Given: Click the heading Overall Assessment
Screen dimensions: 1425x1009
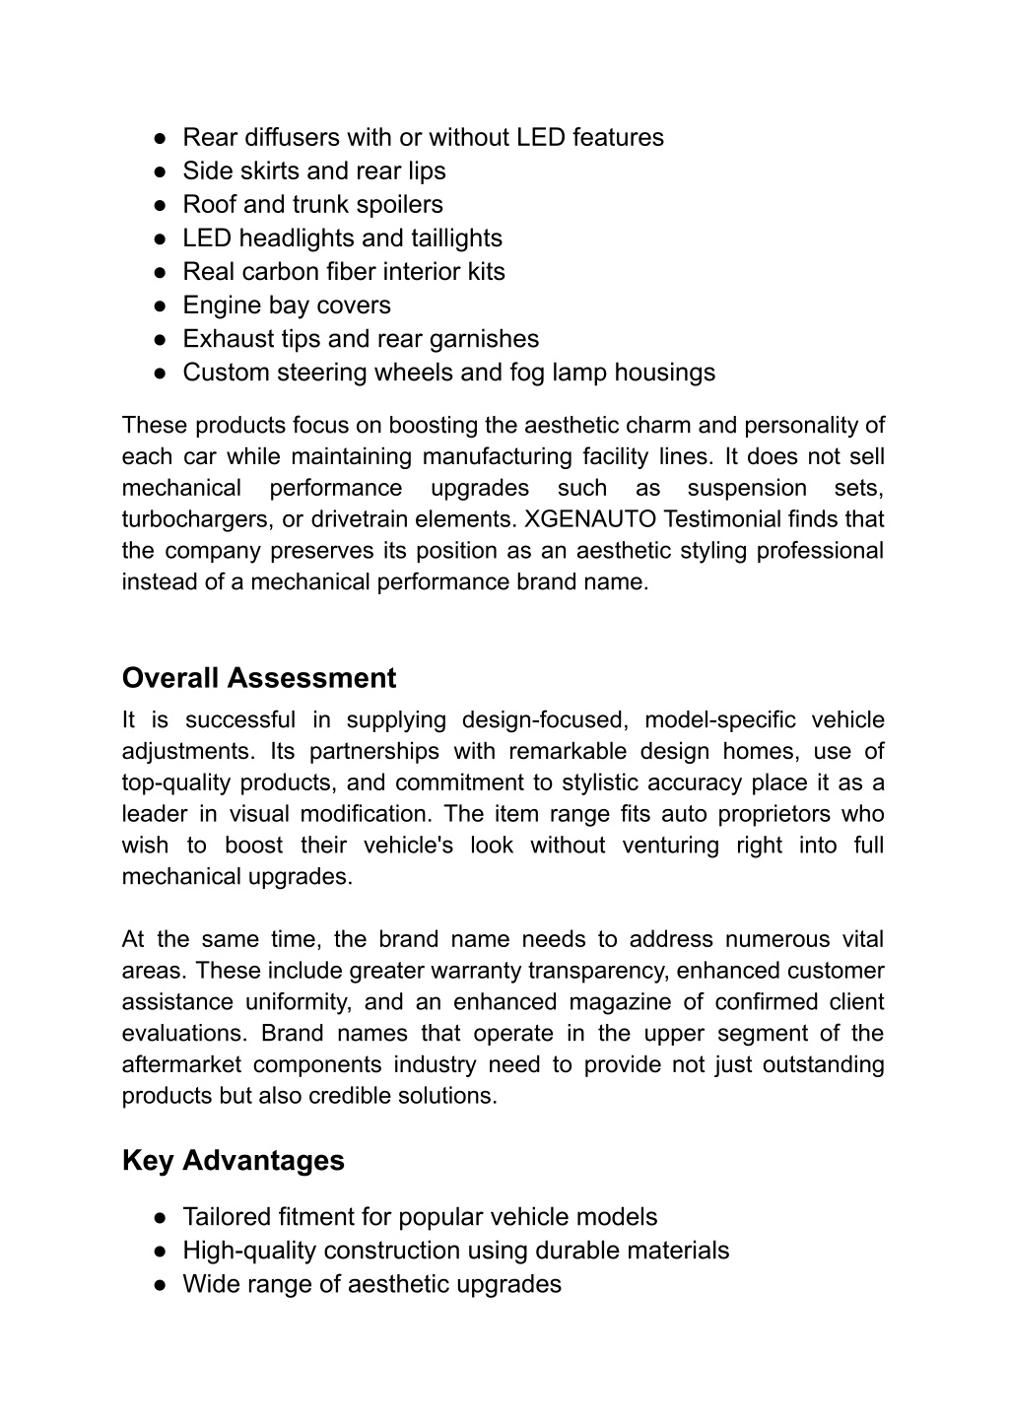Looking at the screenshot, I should click(x=259, y=678).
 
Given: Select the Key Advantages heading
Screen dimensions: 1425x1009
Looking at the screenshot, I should click(x=234, y=1160).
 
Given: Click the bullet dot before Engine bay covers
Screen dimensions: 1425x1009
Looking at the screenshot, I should click(x=160, y=305).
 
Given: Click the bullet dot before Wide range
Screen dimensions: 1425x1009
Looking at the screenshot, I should click(x=160, y=1285).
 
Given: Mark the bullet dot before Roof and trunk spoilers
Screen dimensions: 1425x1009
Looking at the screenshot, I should click(x=160, y=205).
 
